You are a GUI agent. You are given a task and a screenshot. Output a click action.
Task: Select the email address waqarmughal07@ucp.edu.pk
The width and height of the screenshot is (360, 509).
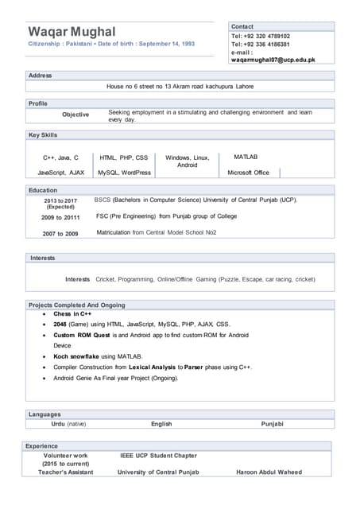[x=273, y=60]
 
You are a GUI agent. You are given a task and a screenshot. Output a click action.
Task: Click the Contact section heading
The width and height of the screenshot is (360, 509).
[x=242, y=26]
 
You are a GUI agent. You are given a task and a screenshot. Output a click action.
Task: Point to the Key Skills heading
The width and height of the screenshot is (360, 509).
[x=43, y=135]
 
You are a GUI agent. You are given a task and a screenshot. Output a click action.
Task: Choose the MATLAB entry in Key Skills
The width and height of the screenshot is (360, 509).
[x=246, y=157]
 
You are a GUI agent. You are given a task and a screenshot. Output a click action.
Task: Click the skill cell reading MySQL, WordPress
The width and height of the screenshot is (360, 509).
[x=124, y=172]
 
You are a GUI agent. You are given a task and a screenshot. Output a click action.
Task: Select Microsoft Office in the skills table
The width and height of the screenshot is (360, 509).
[x=248, y=172]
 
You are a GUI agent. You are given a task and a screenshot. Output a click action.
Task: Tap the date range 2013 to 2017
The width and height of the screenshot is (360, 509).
[x=60, y=200]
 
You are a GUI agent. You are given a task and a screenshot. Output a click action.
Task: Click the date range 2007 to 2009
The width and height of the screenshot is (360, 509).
[x=60, y=233]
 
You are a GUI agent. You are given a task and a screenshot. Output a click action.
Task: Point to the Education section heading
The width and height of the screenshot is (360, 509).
[x=43, y=190]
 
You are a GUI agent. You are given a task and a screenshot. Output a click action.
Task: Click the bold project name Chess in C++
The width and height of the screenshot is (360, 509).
[x=72, y=314]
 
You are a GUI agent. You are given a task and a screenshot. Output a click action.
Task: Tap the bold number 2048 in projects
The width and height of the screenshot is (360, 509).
[x=61, y=324]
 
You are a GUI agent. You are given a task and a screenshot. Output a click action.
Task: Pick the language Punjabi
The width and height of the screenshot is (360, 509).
[x=272, y=424]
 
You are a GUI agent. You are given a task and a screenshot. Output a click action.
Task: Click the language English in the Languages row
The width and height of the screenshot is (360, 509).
[x=161, y=424]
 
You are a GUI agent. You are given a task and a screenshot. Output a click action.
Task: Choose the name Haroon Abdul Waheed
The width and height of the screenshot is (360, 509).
[x=269, y=472]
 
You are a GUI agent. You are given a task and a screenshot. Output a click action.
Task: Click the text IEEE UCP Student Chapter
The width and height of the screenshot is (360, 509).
[x=158, y=456]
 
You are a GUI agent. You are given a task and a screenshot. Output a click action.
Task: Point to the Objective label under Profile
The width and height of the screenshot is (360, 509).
[x=75, y=115]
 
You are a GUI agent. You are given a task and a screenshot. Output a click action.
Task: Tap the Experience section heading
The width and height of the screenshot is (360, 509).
[x=42, y=446]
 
